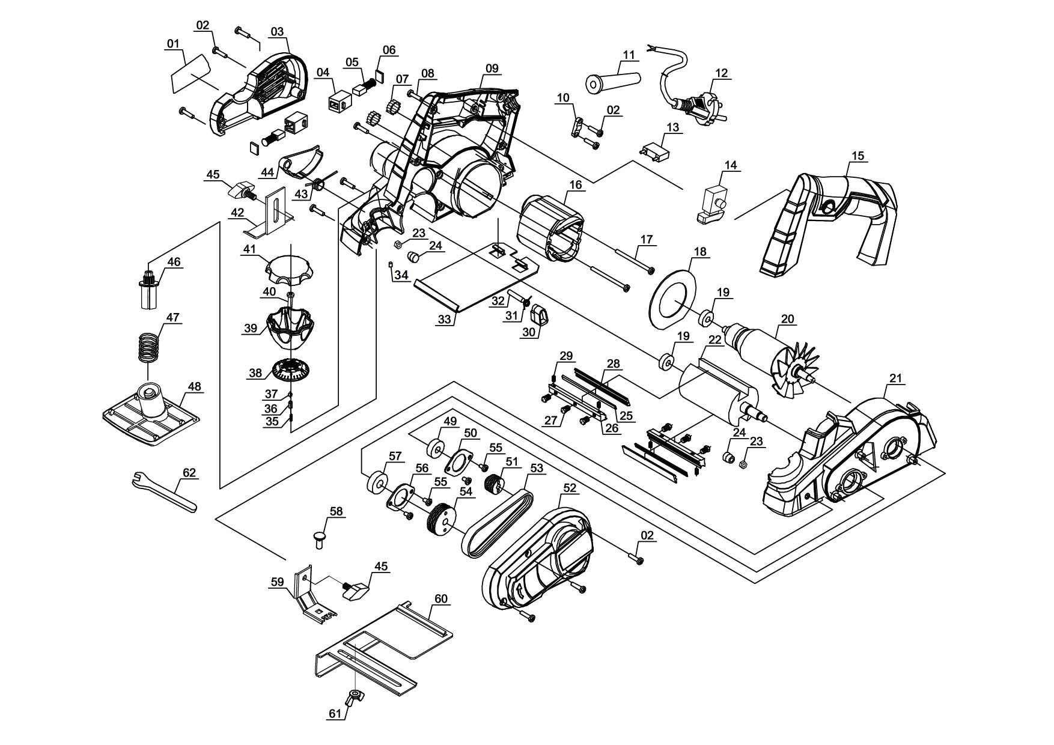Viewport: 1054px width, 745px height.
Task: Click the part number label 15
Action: pos(858,156)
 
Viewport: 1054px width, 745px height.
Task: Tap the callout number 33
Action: pos(444,320)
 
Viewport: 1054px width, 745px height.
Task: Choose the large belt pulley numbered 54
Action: pos(441,517)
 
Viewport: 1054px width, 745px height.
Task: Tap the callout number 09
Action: pos(492,68)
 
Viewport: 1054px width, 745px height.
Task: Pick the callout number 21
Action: pos(895,379)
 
